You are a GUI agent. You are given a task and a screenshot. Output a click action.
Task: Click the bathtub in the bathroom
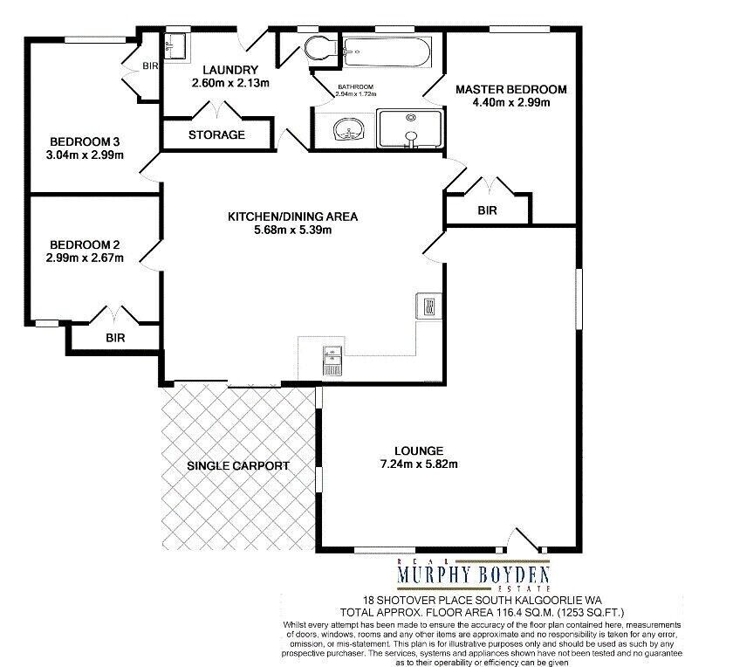click(x=387, y=52)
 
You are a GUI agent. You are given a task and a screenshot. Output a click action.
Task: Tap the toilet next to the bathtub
click(x=321, y=48)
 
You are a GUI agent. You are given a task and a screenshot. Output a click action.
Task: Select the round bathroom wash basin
click(x=348, y=129)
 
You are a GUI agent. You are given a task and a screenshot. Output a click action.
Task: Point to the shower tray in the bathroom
click(x=410, y=129)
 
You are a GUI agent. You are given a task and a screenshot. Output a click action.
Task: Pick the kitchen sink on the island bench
click(x=332, y=361)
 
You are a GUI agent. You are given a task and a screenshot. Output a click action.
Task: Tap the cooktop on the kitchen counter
click(x=428, y=306)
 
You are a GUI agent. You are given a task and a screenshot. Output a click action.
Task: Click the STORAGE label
click(x=216, y=134)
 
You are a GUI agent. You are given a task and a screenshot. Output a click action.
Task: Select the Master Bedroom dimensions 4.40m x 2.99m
click(x=511, y=102)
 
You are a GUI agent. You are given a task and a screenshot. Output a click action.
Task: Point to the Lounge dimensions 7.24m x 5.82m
click(x=419, y=464)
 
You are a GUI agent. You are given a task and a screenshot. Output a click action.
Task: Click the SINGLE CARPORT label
click(x=238, y=466)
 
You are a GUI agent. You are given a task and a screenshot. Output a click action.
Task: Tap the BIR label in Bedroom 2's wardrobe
click(x=115, y=338)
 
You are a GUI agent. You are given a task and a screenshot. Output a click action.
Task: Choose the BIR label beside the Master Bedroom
click(x=487, y=210)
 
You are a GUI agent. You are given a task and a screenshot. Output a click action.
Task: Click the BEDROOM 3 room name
click(x=85, y=141)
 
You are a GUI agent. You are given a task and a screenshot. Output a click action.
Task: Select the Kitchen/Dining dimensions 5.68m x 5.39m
click(x=293, y=230)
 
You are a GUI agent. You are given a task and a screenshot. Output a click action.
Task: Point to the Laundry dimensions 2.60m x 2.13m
click(x=230, y=83)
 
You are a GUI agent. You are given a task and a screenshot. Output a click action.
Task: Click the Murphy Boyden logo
click(x=473, y=574)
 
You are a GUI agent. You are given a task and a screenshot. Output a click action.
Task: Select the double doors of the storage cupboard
click(x=217, y=109)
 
